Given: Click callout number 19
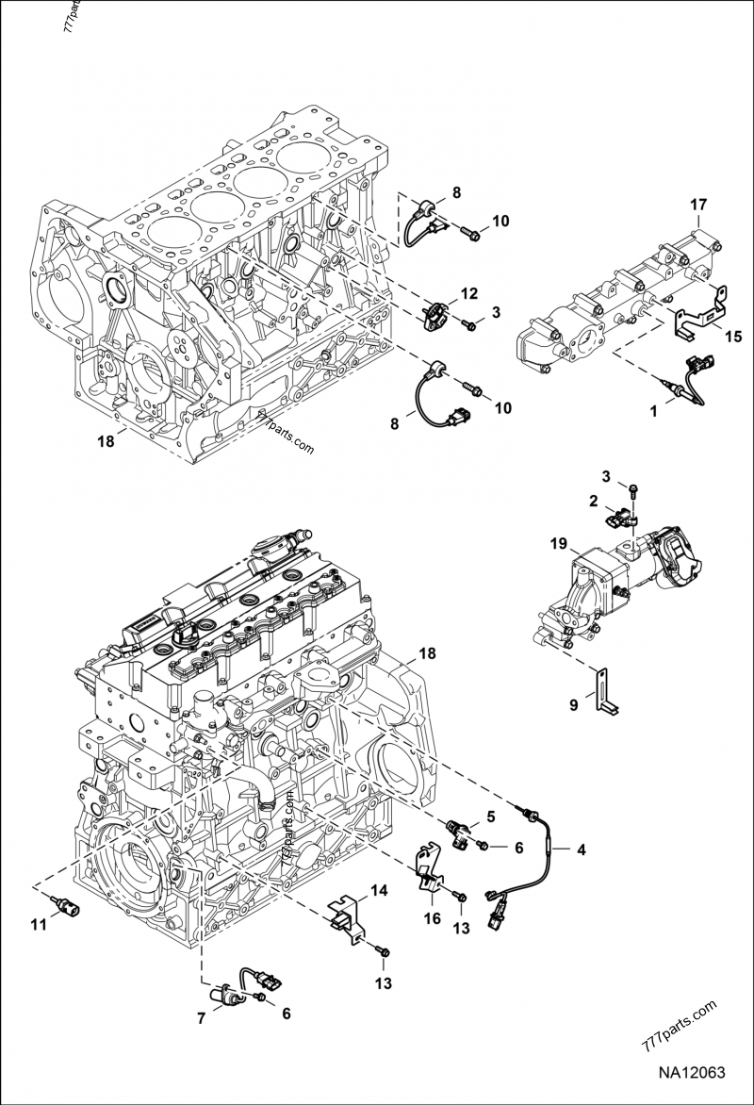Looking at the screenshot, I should coord(559,544).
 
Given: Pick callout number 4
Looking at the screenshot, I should coord(582,849).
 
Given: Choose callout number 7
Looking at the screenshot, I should coord(201,1018).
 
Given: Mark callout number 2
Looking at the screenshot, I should coord(595,500).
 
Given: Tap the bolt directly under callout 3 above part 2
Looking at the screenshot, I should coord(633,489).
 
